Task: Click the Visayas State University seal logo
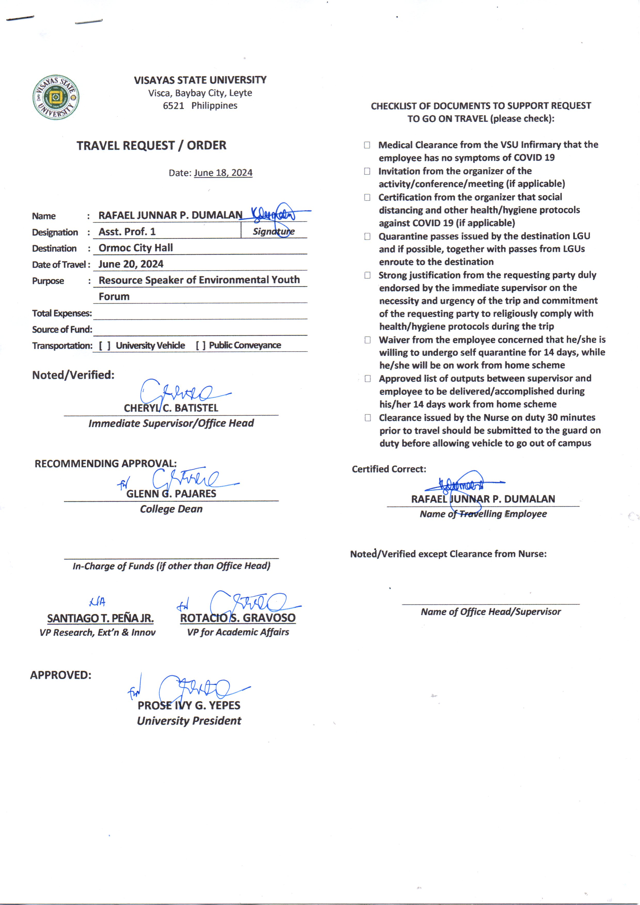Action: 55,97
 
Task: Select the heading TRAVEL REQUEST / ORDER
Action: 151,146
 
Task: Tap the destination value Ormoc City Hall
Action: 136,248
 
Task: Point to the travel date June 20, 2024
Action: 131,264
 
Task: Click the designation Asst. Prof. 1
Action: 127,232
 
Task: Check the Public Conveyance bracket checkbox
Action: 201,345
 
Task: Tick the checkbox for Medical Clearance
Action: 367,145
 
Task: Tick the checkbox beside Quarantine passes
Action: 367,237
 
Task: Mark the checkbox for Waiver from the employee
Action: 367,340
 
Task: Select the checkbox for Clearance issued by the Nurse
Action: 368,418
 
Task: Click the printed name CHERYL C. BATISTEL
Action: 171,408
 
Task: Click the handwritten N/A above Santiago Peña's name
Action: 97,602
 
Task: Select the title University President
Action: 189,721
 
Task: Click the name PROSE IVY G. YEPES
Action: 189,705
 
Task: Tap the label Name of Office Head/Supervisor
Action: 491,612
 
